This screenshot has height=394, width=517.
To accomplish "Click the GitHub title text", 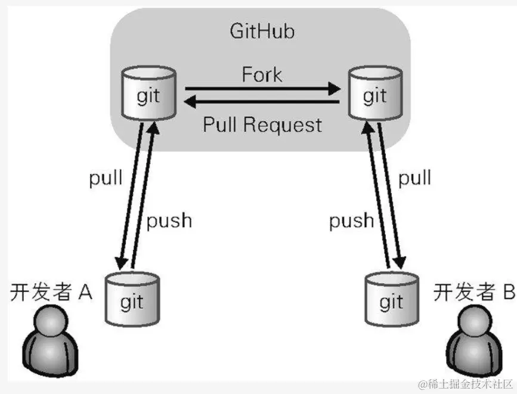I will [262, 32].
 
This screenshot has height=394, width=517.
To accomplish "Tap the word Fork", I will [262, 75].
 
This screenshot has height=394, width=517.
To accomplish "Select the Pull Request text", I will [262, 125].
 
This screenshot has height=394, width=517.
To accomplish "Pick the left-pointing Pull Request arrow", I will [262, 103].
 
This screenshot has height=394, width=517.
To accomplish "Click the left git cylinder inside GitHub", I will [148, 92].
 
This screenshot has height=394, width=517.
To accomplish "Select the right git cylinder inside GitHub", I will [374, 92].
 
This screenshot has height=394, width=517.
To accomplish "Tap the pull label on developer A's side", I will [106, 178].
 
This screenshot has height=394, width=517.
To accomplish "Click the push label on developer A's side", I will [170, 220].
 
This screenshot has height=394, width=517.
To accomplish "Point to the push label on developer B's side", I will [352, 220].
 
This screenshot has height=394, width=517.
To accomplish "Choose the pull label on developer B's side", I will [414, 178].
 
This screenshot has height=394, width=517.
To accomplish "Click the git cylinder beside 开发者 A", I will [132, 300].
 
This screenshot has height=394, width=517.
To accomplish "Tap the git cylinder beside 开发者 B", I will [391, 300].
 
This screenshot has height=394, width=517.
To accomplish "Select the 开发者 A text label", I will [51, 292].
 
